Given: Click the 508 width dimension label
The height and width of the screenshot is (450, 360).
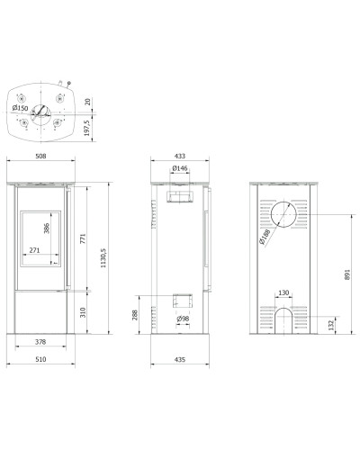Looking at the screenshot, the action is click(x=40, y=156).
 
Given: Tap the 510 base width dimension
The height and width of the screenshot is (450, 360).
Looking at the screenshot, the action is click(x=40, y=359).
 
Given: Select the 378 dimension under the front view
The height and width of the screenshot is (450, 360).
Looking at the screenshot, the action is click(x=40, y=342).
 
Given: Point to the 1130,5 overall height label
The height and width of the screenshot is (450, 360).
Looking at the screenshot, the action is click(x=103, y=256).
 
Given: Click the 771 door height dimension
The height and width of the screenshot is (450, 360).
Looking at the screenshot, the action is click(x=83, y=238).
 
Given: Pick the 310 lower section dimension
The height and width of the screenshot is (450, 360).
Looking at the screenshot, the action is click(x=83, y=312).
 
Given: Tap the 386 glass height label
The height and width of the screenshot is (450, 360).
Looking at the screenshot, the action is click(x=47, y=229).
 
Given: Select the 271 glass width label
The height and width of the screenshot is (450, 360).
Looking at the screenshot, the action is click(x=34, y=250).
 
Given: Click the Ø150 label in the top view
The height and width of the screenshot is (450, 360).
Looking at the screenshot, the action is click(x=20, y=108).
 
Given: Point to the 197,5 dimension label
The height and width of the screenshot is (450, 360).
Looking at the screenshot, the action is click(x=87, y=128).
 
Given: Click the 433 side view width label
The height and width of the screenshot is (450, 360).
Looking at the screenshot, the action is click(x=180, y=156).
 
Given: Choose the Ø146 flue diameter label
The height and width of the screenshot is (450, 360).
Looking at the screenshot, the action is click(x=180, y=168).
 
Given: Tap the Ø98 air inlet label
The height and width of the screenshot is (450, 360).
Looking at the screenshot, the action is click(x=183, y=319).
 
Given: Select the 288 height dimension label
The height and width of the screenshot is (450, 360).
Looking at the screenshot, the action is click(x=135, y=315).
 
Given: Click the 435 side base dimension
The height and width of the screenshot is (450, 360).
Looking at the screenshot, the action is click(x=180, y=359).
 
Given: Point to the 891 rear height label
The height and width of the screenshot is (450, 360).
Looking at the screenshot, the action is click(x=347, y=274).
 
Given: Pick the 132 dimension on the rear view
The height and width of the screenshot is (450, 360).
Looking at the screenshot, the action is click(x=331, y=325).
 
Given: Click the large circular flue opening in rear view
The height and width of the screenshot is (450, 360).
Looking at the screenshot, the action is click(x=283, y=202).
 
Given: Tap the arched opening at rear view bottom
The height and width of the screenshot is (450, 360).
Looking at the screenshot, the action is click(x=283, y=308).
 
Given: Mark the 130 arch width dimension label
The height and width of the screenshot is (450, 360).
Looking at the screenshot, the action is click(x=283, y=292).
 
